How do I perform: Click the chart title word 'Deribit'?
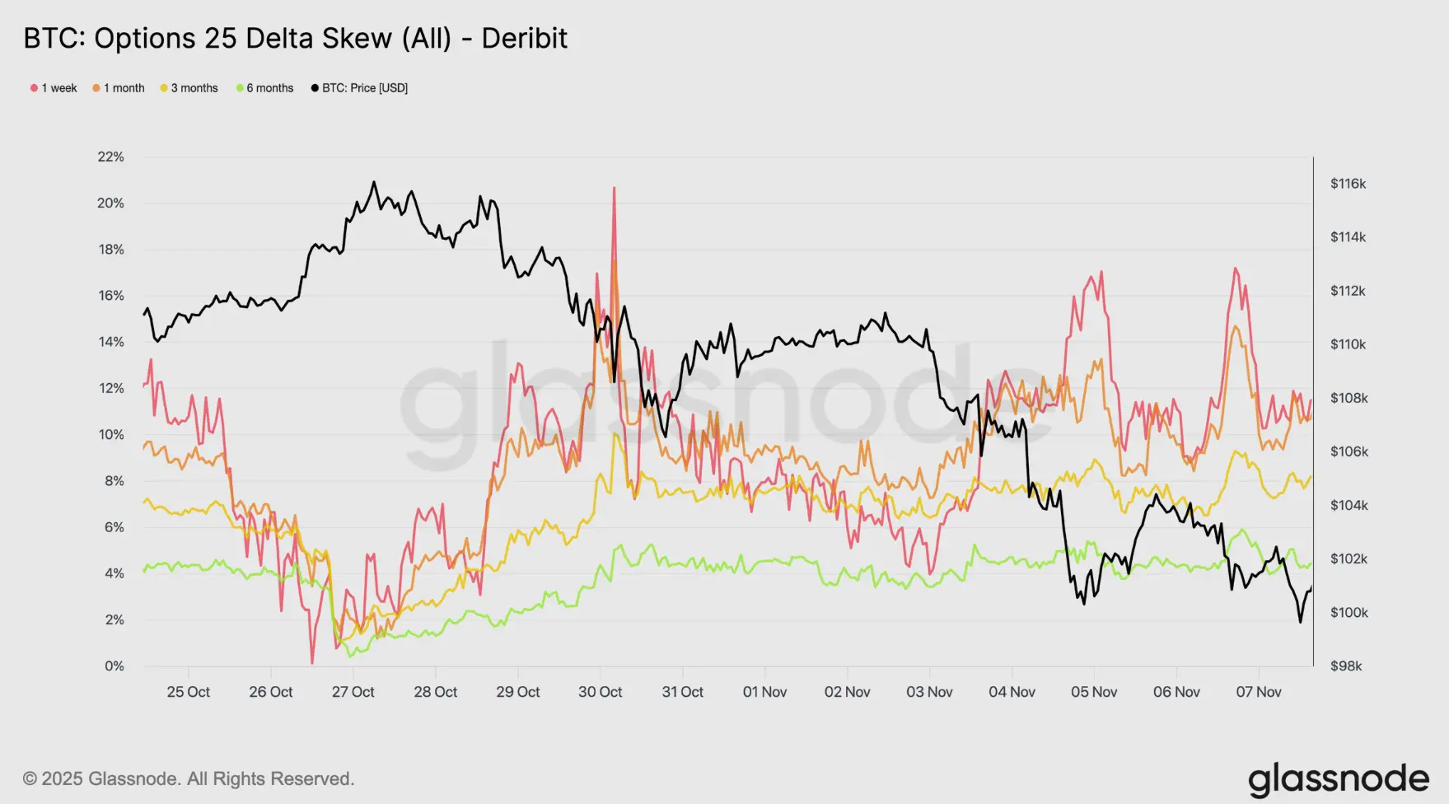coord(524,39)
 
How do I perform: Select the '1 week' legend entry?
coord(54,88)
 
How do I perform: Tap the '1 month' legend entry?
coord(119,88)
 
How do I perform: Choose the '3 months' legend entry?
coord(189,88)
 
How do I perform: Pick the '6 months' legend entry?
coord(265,88)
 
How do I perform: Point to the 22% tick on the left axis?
coord(111,157)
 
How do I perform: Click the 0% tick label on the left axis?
coord(115,666)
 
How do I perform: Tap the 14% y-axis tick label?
coord(111,342)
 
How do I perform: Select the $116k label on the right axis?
coord(1348,184)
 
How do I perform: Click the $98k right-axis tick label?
coord(1346,666)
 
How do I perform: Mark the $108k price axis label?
coord(1349,398)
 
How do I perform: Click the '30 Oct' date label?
coord(600,692)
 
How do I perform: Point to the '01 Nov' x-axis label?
coord(764,692)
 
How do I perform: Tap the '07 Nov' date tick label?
coord(1259,692)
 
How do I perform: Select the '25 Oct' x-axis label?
coord(188,692)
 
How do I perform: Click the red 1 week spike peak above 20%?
coord(614,189)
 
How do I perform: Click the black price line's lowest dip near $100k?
coord(1301,621)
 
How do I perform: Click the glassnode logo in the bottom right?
coord(1339,779)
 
